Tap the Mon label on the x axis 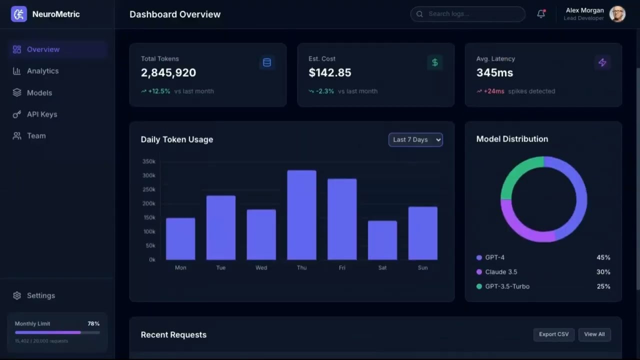[x=180, y=268]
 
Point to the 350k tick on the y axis [x=149, y=161]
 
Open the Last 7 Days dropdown [x=415, y=139]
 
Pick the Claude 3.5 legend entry [x=501, y=272]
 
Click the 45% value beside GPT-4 [x=603, y=257]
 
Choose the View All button [x=594, y=334]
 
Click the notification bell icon [x=541, y=14]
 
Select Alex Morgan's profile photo [x=617, y=14]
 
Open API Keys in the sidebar [x=42, y=114]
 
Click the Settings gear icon [x=17, y=295]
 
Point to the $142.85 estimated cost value [x=330, y=72]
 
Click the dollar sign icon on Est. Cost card [x=435, y=62]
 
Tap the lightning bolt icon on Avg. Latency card [x=602, y=62]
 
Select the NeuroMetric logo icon [x=19, y=14]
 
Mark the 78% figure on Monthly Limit [x=93, y=323]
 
